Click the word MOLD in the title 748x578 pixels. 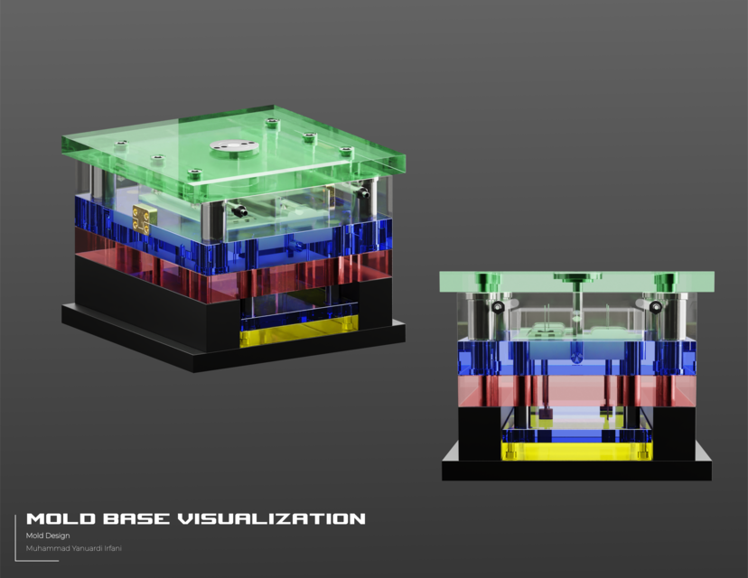tap(56, 518)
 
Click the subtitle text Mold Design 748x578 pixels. tap(48, 536)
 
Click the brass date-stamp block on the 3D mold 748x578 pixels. tap(142, 219)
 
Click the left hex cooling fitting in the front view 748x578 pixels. tap(498, 307)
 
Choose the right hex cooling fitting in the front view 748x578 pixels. tap(655, 307)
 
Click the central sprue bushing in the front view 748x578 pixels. tap(576, 277)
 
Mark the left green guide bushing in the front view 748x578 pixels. tap(488, 279)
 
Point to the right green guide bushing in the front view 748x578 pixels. tap(666, 279)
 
